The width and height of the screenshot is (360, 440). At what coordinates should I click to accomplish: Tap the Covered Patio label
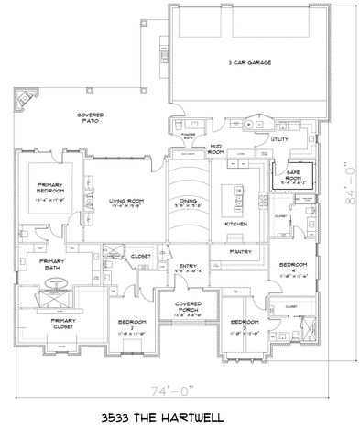89,117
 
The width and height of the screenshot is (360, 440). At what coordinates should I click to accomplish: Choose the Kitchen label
237,223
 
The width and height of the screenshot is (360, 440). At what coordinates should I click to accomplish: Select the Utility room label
279,139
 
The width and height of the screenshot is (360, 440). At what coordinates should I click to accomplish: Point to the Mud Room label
218,148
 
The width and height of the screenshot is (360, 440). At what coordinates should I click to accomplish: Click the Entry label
187,267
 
